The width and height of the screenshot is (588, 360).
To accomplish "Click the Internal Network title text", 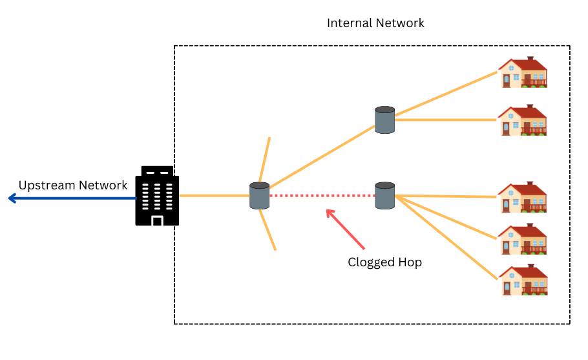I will pos(375,23).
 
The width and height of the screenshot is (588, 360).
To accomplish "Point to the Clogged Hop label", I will pos(384,262).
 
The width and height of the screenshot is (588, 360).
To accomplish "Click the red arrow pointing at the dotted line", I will pos(345,229).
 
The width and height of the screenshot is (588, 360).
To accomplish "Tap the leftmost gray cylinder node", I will pos(259,196).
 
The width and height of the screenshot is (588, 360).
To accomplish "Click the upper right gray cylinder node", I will pos(384,120).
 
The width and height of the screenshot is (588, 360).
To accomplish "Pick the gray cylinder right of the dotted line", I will pos(384,195).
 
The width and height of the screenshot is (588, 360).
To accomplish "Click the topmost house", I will pos(523,72).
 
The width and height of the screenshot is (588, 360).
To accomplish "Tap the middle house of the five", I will pos(523,198).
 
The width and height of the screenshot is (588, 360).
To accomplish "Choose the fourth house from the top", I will pos(523,239).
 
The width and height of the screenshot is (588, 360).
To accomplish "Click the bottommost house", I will pos(523,281).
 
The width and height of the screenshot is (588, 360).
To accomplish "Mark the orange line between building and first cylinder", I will pos(214,195).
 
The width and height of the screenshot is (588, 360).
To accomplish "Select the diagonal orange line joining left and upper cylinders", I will pos(322,156).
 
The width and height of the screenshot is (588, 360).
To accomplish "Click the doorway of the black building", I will pos(156,220).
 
